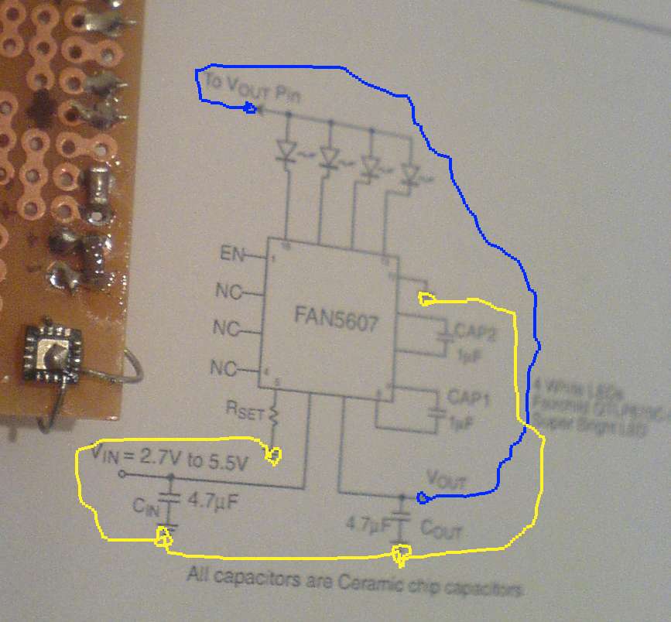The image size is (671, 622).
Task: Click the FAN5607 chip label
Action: point(336,316)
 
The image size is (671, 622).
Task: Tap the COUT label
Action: point(440,530)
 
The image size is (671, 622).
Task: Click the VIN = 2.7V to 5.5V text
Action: point(170,457)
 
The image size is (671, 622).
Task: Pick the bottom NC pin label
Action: point(227,366)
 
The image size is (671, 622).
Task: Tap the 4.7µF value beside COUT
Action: point(368,527)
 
